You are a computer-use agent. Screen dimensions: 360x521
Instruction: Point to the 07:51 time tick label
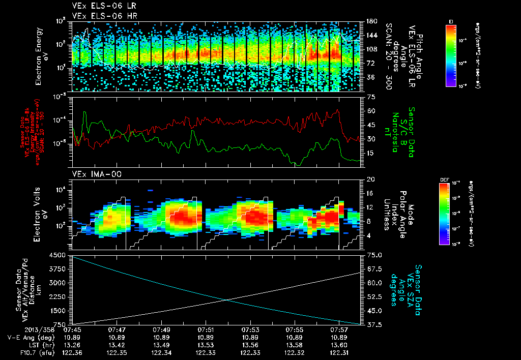[x=206, y=329]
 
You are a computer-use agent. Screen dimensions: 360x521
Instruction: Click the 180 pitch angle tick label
[x=370, y=21]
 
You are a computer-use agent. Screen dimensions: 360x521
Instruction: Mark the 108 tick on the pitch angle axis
[x=370, y=49]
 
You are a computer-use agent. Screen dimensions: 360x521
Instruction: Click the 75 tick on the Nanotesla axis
[x=370, y=97]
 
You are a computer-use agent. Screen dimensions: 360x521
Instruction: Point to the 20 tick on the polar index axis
[x=370, y=179]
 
